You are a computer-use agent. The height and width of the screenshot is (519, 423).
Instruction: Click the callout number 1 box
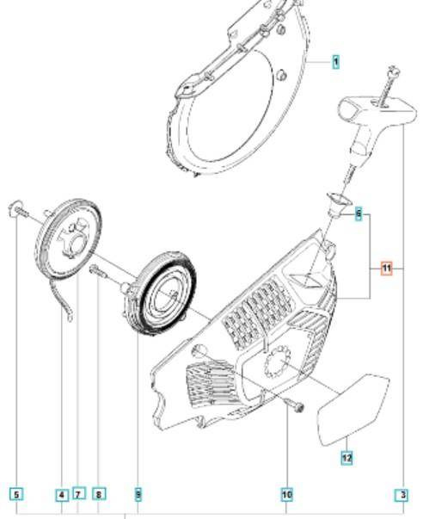[x=335, y=62]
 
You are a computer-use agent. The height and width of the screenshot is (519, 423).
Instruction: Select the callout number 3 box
[x=403, y=496]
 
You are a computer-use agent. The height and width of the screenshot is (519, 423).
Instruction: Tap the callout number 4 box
[x=62, y=496]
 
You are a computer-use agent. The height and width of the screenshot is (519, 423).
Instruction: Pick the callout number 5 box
[x=17, y=495]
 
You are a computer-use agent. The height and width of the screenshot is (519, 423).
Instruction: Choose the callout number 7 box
[x=78, y=495]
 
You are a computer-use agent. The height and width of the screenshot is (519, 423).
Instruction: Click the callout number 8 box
[x=99, y=495]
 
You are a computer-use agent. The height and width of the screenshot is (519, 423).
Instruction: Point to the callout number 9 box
[x=138, y=495]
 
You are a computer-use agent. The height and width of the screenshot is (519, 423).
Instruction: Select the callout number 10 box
[x=287, y=495]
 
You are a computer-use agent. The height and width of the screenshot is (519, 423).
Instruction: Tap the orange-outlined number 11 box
[x=386, y=269]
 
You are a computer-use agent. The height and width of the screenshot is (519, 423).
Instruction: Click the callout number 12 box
[x=346, y=458]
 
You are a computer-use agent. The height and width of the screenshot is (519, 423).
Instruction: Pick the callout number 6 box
[x=359, y=213]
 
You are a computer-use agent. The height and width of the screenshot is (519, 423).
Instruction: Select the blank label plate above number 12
[x=353, y=410]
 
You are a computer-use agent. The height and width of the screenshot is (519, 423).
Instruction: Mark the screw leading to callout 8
[x=98, y=271]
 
